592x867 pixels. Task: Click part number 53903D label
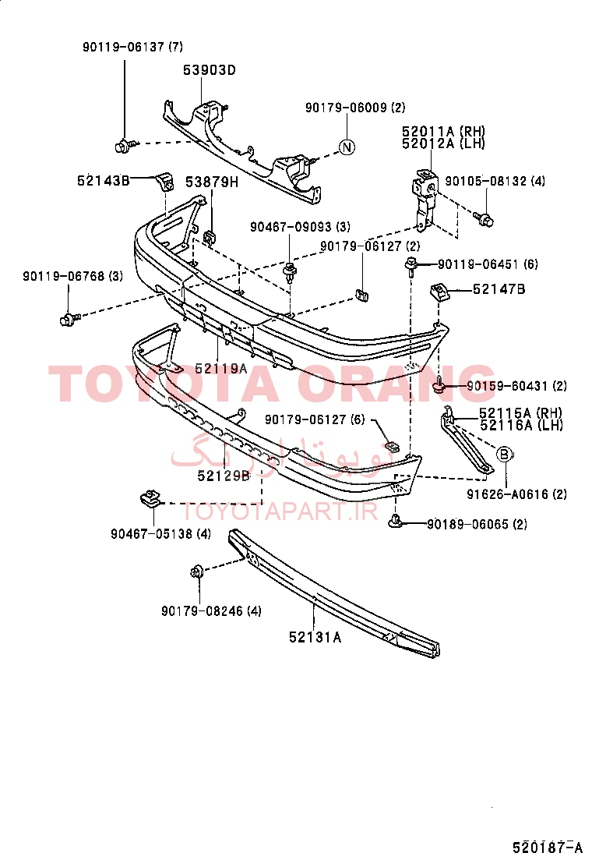click(x=210, y=70)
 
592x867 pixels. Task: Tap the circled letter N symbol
click(x=347, y=147)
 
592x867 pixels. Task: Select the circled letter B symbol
click(x=504, y=455)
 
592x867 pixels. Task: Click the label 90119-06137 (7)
click(x=132, y=47)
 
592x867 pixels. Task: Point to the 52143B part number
click(x=104, y=180)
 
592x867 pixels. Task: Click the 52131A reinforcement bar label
click(x=315, y=638)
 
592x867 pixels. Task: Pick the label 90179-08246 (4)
click(x=212, y=611)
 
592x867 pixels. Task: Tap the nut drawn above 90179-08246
click(x=196, y=572)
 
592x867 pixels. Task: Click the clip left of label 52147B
click(x=439, y=291)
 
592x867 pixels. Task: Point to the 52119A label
click(x=221, y=368)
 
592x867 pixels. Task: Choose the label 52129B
click(x=224, y=476)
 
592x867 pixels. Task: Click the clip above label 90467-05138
click(x=150, y=498)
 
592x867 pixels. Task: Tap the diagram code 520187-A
click(x=548, y=848)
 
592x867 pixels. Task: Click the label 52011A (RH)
click(x=443, y=132)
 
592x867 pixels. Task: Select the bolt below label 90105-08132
click(x=484, y=219)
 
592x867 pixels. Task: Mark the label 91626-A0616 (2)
click(x=517, y=494)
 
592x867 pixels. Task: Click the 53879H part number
click(x=212, y=182)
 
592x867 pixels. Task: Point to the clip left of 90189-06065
click(x=395, y=521)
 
